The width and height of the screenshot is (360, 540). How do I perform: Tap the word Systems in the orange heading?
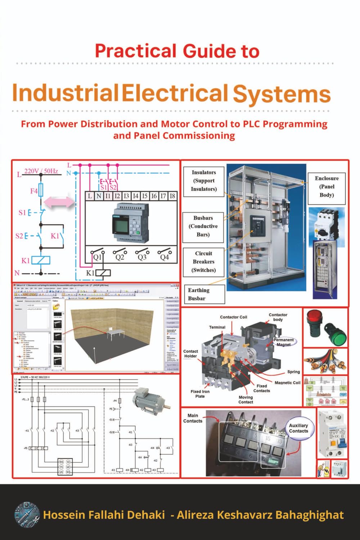282,94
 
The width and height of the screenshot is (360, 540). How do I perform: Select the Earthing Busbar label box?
204,294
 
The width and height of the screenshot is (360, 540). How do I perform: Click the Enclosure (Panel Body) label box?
327,187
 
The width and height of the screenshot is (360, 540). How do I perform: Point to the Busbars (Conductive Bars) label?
203,226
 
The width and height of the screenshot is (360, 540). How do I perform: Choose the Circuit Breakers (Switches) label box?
203,262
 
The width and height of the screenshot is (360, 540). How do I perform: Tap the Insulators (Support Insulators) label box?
204,181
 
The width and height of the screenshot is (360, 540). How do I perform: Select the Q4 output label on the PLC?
164,257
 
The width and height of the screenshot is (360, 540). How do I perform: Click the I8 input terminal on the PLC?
172,196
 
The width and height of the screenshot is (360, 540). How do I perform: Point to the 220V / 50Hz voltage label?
41,171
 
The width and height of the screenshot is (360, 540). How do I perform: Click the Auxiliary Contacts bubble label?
298,428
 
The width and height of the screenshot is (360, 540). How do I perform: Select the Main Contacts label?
193,418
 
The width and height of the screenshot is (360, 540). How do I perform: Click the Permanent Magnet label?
284,342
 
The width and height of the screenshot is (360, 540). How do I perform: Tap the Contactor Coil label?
234,317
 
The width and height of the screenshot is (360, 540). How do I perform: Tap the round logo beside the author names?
27,514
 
